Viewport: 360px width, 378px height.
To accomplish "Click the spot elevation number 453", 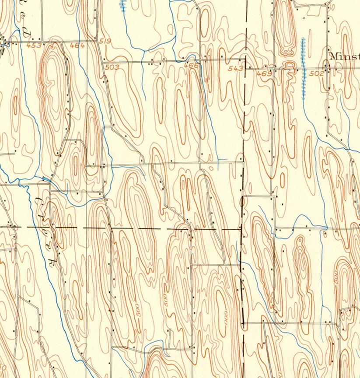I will click(33, 45).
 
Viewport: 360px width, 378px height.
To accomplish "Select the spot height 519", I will click(105, 42).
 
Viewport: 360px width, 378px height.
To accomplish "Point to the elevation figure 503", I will click(112, 67).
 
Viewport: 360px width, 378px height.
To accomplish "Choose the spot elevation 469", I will click(264, 73).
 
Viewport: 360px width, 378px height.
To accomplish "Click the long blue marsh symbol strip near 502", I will click(303, 68).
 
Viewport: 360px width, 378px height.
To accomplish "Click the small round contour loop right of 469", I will click(289, 66).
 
